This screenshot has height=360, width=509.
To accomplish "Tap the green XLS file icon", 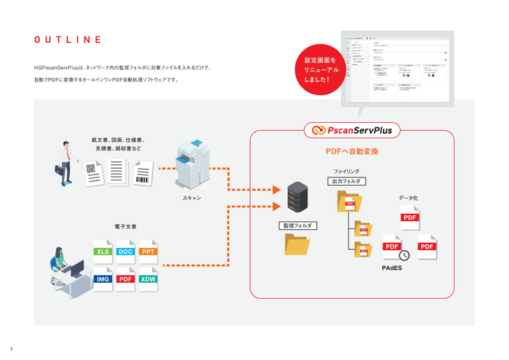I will (104, 251).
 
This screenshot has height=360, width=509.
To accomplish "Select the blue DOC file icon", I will (126, 251).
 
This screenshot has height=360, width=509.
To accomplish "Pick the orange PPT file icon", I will (148, 251).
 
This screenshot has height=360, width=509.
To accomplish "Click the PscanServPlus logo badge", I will (352, 130).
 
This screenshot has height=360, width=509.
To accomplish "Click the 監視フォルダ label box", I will (298, 225).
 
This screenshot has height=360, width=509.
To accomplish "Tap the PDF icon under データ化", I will (409, 217).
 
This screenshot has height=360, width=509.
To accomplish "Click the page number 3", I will (11, 348).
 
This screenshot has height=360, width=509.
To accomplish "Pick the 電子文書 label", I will (126, 226).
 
